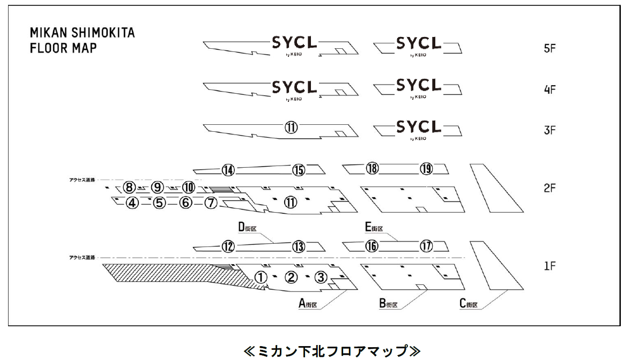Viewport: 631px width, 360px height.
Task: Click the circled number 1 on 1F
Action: tap(260, 277)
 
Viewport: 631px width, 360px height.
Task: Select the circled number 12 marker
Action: tap(228, 246)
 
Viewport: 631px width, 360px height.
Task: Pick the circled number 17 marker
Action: tap(426, 246)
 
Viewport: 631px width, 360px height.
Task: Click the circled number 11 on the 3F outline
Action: tap(291, 128)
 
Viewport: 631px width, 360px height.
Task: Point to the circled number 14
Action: tap(228, 170)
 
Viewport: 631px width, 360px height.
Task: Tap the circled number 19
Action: tap(426, 169)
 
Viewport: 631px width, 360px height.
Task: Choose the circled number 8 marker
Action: tap(129, 187)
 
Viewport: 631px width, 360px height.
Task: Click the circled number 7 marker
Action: tap(211, 203)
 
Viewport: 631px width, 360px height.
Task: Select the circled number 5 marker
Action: tap(159, 203)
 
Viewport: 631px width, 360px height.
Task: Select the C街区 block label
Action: tap(469, 304)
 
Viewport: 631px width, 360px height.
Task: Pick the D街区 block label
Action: tap(248, 228)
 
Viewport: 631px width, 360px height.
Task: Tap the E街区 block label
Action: tap(374, 228)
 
